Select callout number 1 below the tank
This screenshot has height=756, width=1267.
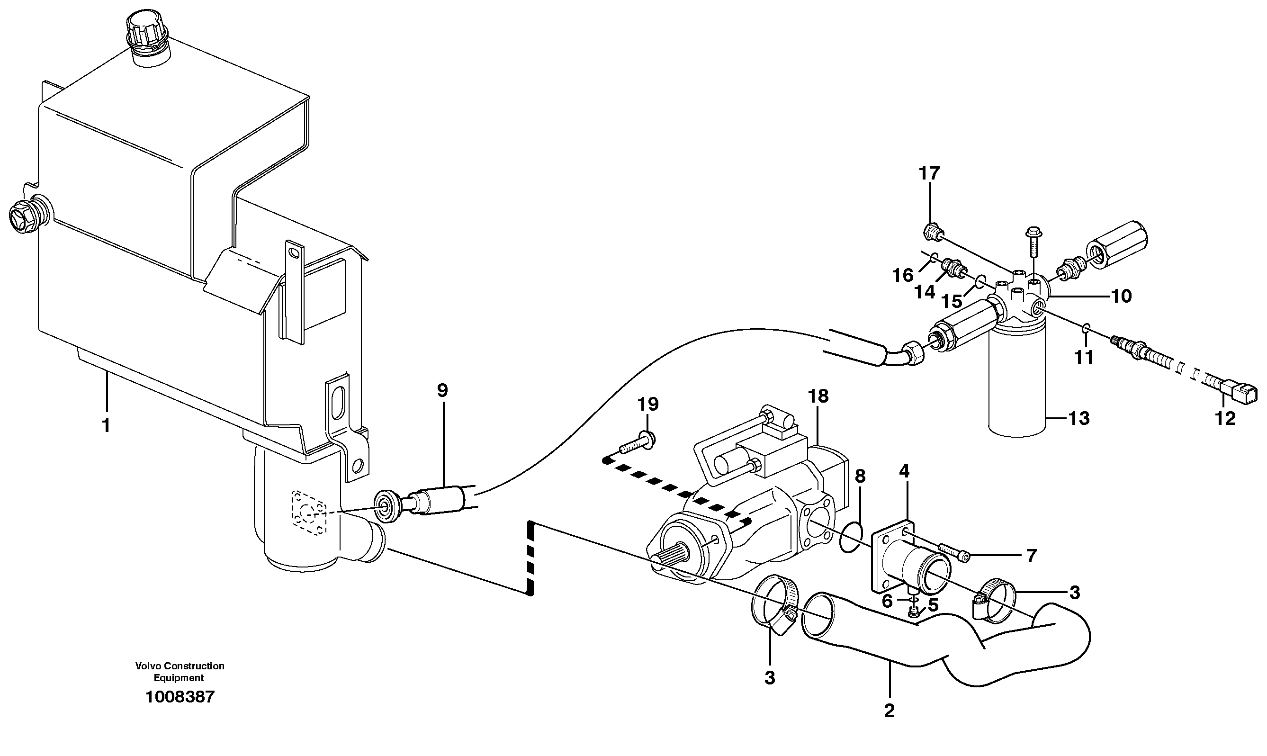click(x=106, y=425)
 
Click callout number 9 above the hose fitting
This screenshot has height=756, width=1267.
click(x=442, y=391)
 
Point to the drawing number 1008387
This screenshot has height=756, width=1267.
click(x=180, y=697)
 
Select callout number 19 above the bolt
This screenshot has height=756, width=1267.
click(x=648, y=405)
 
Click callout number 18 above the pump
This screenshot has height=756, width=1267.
click(x=818, y=396)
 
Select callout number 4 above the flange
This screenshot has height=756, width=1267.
click(x=903, y=471)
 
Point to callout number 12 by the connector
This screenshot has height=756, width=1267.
click(x=1225, y=418)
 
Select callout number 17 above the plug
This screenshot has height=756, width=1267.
click(x=929, y=174)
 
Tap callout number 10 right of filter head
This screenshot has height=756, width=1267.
click(x=1120, y=297)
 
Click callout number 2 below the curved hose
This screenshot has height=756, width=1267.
click(x=889, y=711)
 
